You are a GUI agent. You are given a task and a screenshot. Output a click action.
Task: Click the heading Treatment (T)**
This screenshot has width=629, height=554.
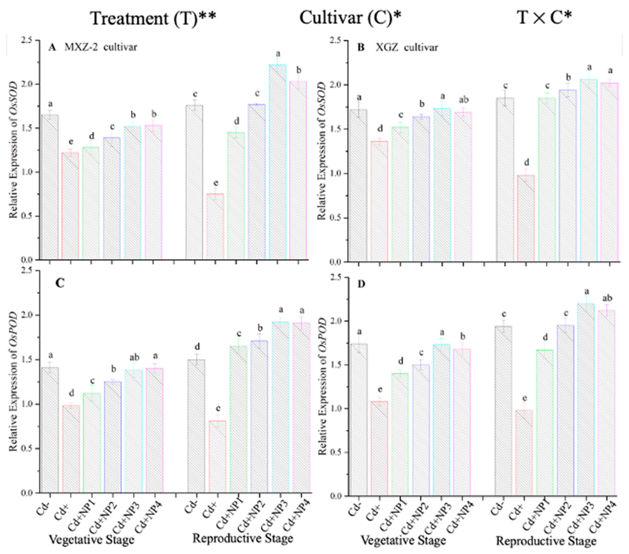(x=153, y=18)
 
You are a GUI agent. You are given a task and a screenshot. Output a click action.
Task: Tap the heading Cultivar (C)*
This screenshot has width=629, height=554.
(x=351, y=18)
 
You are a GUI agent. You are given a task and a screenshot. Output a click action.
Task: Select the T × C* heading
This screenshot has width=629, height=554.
(x=544, y=18)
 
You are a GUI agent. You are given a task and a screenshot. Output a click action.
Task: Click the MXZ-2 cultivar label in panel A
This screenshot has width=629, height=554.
(x=101, y=47)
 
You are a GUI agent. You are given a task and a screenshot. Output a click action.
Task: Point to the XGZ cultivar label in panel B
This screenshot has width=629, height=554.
(x=407, y=47)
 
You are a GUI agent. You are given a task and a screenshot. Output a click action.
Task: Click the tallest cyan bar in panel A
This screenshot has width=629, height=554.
(x=277, y=162)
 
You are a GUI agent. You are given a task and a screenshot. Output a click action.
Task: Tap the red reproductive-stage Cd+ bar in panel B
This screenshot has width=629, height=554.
(x=526, y=218)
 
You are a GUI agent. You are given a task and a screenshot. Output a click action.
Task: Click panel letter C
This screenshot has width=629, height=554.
(x=59, y=283)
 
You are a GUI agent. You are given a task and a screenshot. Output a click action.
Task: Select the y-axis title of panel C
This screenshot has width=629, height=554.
(x=13, y=382)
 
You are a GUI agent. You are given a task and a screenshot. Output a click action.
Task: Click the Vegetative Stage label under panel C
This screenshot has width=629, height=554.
(x=92, y=540)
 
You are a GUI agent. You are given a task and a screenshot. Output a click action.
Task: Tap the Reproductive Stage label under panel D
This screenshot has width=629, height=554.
(x=546, y=541)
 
